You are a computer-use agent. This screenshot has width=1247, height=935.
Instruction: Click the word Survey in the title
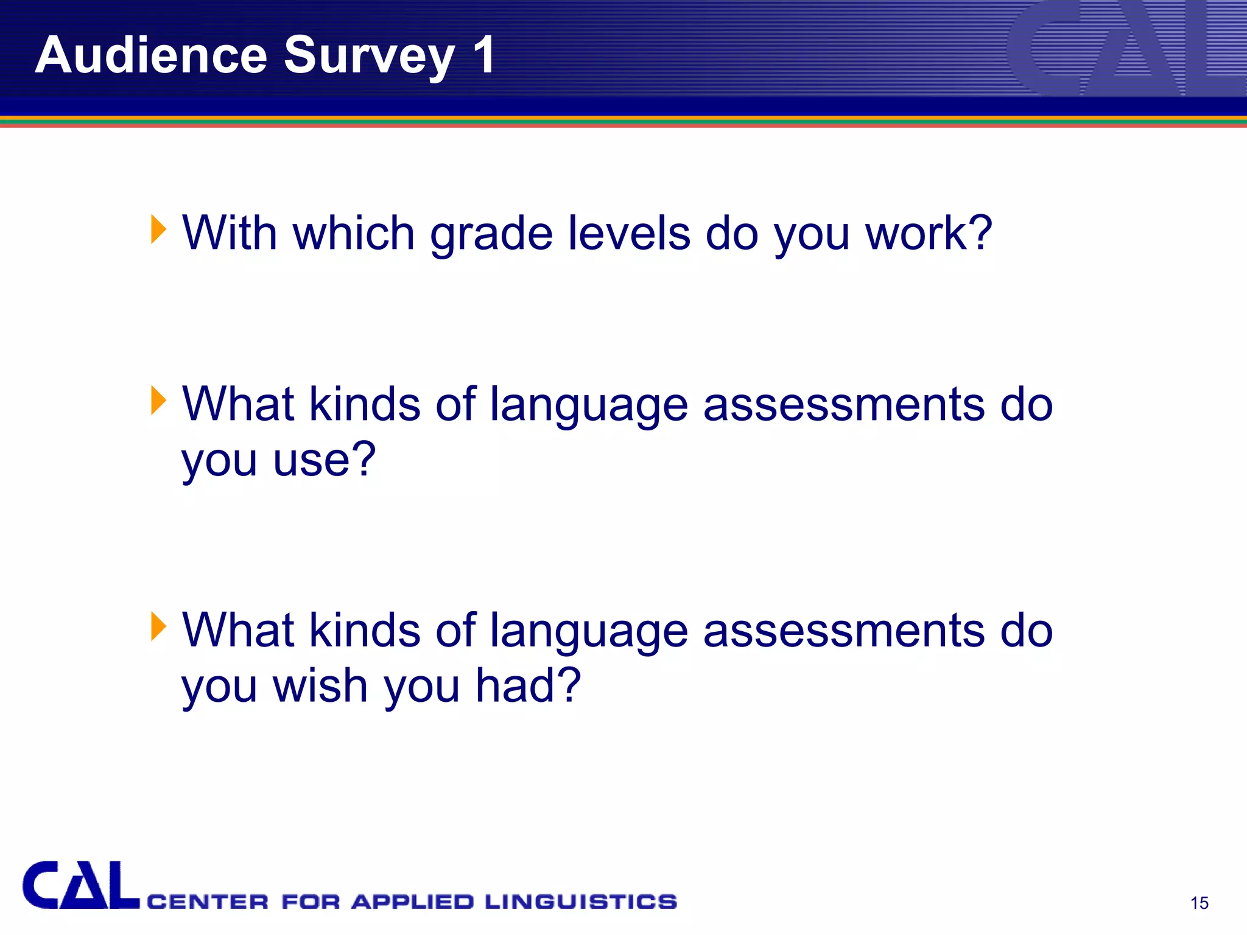[369, 56]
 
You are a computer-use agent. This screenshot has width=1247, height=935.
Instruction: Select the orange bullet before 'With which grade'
[158, 229]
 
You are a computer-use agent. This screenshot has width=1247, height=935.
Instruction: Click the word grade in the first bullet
[491, 234]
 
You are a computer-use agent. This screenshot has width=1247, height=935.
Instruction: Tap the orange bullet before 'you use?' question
[158, 401]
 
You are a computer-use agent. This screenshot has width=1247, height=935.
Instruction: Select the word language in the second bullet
[589, 405]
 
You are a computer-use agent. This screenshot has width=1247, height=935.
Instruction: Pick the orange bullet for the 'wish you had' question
[158, 626]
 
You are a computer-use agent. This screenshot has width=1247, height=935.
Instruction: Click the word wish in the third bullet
[320, 685]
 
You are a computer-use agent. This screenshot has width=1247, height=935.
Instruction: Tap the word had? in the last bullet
[528, 685]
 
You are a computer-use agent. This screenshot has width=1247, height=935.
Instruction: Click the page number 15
[1199, 903]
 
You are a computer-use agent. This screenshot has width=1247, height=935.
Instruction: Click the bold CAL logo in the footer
[80, 886]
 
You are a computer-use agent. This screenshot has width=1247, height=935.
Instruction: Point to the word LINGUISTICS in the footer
[580, 902]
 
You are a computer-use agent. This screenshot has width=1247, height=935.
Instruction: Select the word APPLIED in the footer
[412, 902]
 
